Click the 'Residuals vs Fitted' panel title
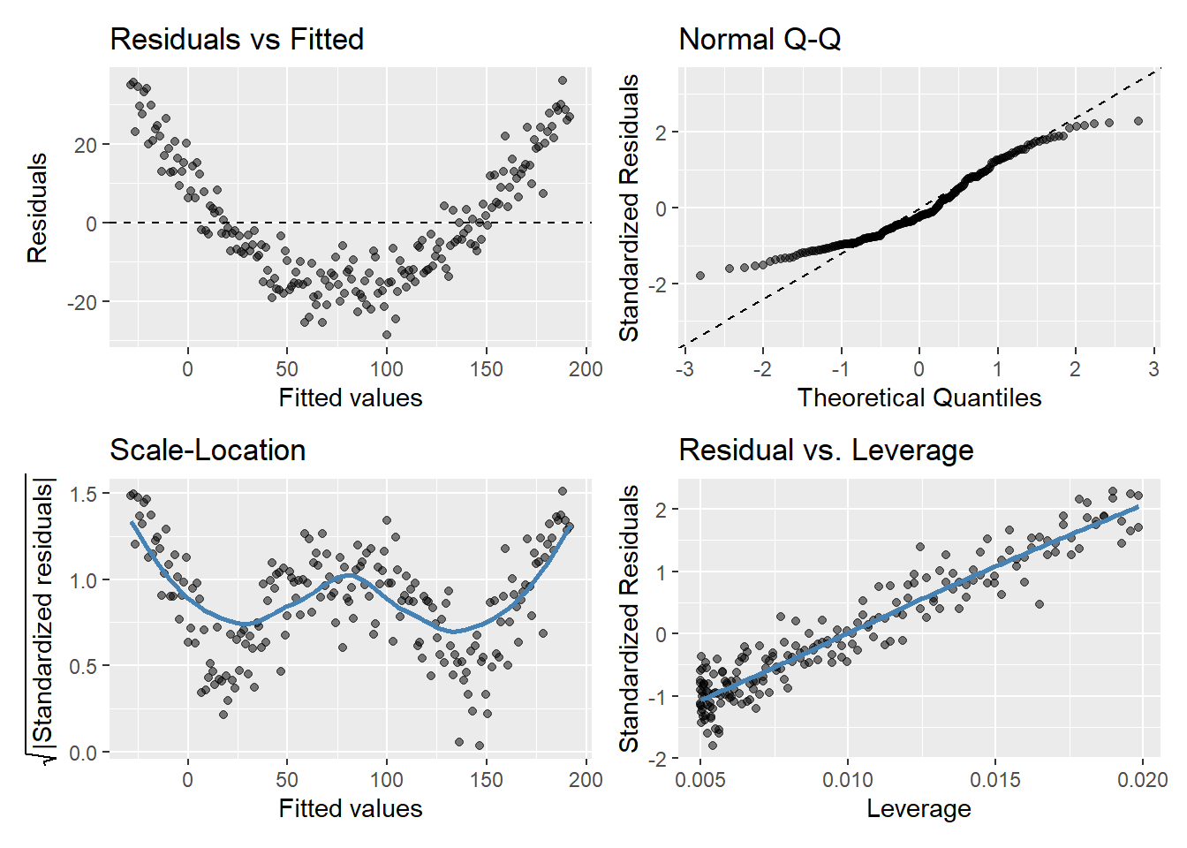237,40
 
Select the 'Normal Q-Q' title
760,40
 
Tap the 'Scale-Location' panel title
208,450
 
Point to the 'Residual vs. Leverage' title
826,450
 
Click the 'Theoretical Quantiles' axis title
919,397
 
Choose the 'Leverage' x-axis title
919,808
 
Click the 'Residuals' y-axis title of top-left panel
37,208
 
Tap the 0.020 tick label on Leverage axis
1142,780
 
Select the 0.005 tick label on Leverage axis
700,780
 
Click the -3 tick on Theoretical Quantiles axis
684,368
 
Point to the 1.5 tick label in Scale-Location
83,494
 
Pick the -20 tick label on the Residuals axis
81,302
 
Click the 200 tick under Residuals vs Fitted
586,368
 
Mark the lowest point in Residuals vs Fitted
386,335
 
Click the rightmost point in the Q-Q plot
1138,121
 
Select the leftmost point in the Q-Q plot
700,276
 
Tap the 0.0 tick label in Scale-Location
83,753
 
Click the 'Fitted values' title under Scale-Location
351,808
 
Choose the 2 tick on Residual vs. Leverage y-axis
661,510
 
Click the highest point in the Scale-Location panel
563,491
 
